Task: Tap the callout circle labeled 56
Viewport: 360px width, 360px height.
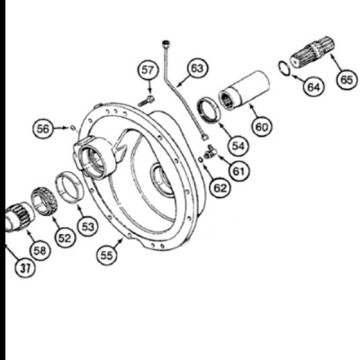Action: tap(41, 129)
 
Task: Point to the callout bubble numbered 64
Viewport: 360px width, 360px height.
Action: tap(312, 87)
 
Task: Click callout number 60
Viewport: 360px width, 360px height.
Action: tap(261, 127)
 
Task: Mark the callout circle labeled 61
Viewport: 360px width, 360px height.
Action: tap(237, 166)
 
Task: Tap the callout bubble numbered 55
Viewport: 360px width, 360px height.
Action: tap(106, 256)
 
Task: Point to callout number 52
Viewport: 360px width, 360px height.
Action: tap(64, 238)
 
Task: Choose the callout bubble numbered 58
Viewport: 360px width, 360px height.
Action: tap(40, 248)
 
